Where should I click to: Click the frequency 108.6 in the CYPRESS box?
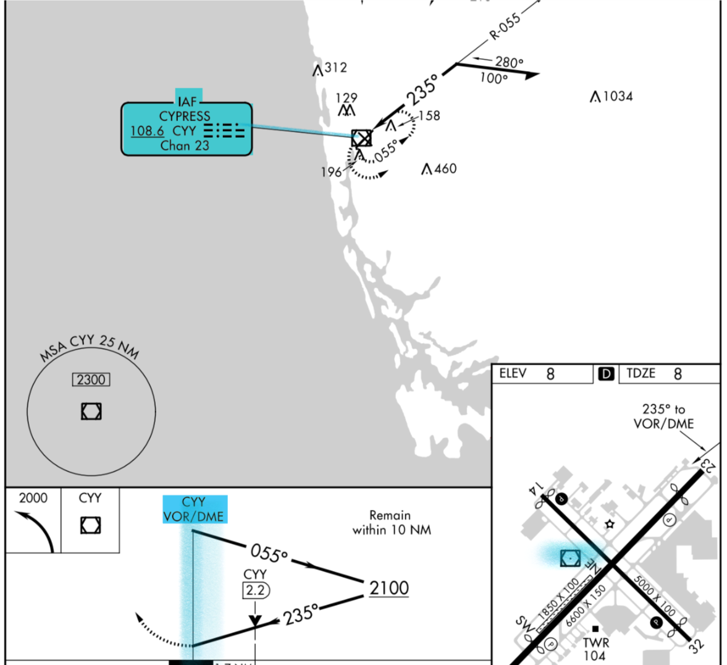pyautogui.click(x=147, y=131)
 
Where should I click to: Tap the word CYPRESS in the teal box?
pyautogui.click(x=185, y=116)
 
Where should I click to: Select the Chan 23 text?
pyautogui.click(x=185, y=146)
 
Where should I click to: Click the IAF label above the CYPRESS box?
pyautogui.click(x=188, y=101)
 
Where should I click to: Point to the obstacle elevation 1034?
pyautogui.click(x=618, y=96)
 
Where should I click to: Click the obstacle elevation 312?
pyautogui.click(x=335, y=67)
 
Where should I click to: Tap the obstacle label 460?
pyautogui.click(x=445, y=169)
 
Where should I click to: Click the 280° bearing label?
pyautogui.click(x=509, y=62)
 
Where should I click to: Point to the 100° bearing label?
pyautogui.click(x=494, y=78)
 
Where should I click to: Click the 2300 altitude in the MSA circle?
pyautogui.click(x=91, y=379)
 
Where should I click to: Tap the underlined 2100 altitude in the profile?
pyautogui.click(x=389, y=588)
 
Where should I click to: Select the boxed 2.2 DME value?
pyautogui.click(x=256, y=590)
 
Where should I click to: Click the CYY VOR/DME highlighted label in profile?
pyautogui.click(x=194, y=509)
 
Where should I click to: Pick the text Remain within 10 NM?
pyautogui.click(x=392, y=522)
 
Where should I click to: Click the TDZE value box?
pyautogui.click(x=668, y=374)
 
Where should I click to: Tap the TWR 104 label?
pyautogui.click(x=595, y=649)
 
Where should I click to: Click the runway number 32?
pyautogui.click(x=696, y=646)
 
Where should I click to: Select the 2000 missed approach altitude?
pyautogui.click(x=33, y=498)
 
